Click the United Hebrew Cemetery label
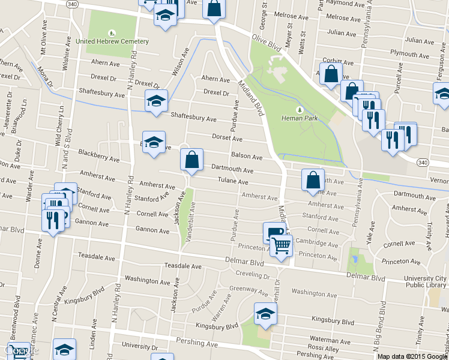tap(112, 41)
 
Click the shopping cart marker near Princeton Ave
tap(281, 244)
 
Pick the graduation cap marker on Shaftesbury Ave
tap(156, 100)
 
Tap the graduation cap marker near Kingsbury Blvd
tap(265, 314)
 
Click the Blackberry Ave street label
tap(98, 157)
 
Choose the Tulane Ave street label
tap(233, 181)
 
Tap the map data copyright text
tap(412, 356)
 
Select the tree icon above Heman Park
tap(300, 110)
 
